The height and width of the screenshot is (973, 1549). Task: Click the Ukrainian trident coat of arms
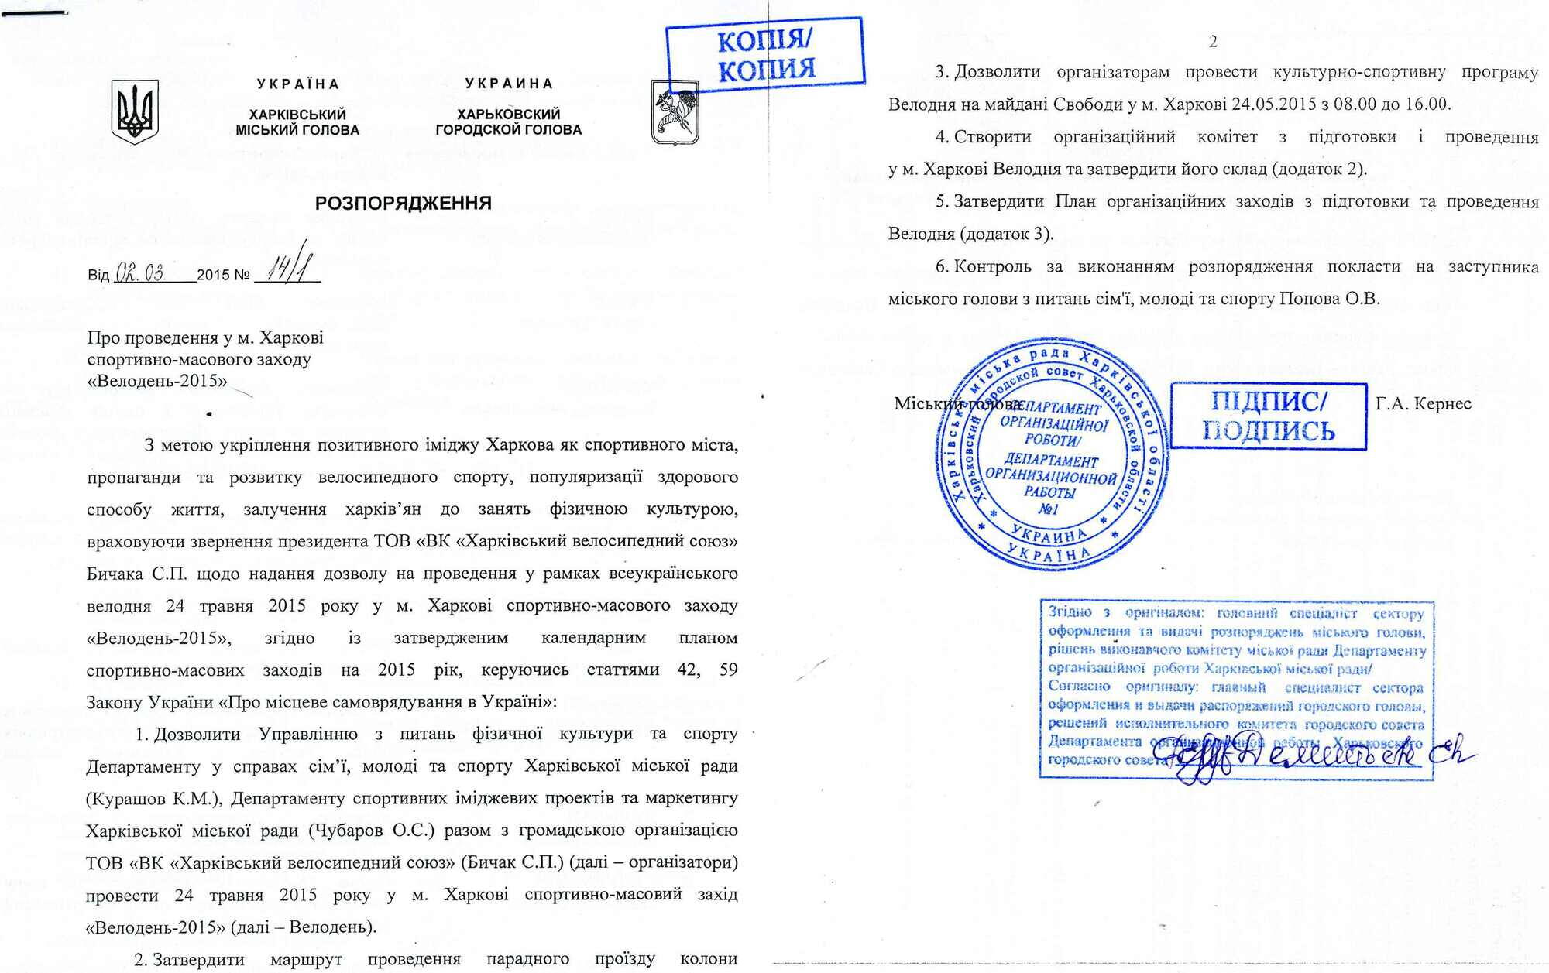click(135, 111)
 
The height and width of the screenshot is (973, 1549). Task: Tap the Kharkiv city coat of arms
click(674, 113)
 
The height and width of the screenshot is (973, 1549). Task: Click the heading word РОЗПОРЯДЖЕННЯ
click(403, 204)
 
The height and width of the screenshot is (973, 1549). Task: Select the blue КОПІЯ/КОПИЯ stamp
click(765, 54)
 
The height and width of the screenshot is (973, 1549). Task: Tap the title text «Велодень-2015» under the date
click(157, 381)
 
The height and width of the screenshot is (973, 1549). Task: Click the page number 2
click(1214, 41)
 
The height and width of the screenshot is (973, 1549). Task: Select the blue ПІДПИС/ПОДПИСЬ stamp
click(1268, 416)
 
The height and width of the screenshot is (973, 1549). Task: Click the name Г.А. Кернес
click(1424, 403)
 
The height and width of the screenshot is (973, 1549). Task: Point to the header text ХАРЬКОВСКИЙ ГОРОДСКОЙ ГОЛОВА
click(508, 122)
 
